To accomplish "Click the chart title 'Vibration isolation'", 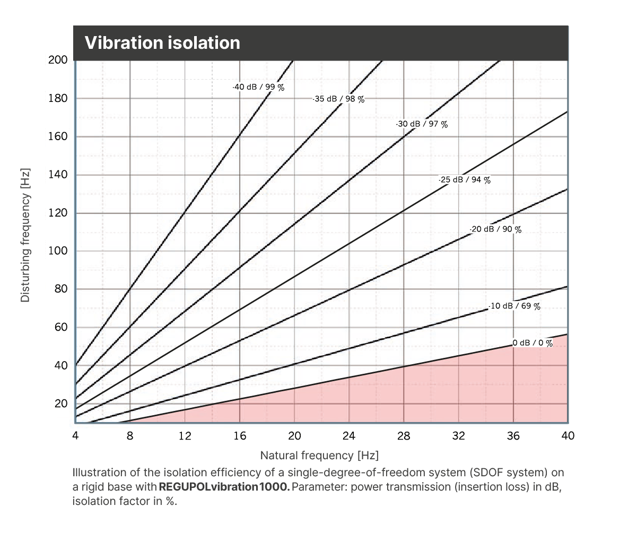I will (x=162, y=43).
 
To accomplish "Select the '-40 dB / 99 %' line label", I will (x=259, y=87).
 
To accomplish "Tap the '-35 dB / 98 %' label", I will (x=339, y=99).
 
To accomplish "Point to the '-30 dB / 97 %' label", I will (x=422, y=124).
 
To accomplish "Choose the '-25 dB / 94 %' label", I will (x=465, y=180).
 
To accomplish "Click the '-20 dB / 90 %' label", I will (x=496, y=229).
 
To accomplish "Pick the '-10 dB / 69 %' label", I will (x=515, y=306).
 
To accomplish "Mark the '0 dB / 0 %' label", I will (x=533, y=343).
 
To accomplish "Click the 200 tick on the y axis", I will (x=58, y=60).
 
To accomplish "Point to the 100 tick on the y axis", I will (x=58, y=251).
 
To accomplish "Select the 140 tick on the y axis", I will (x=58, y=175).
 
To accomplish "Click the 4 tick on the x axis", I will (x=75, y=436).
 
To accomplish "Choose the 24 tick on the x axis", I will (x=349, y=436).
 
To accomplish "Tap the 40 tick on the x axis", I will (x=568, y=436).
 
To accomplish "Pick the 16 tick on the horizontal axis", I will (x=240, y=436).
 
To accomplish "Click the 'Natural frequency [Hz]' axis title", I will (x=319, y=456).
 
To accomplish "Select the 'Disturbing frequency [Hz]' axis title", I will (x=25, y=235).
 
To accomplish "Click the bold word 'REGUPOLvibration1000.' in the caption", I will (x=224, y=487).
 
